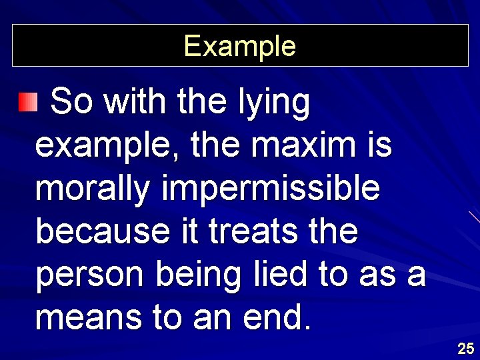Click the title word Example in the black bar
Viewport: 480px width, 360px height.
[239, 46]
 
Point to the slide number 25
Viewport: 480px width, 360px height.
[465, 348]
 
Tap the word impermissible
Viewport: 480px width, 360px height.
[270, 191]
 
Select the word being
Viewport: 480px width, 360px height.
[198, 276]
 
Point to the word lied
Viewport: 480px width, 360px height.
[279, 274]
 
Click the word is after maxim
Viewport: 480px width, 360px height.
[375, 145]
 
